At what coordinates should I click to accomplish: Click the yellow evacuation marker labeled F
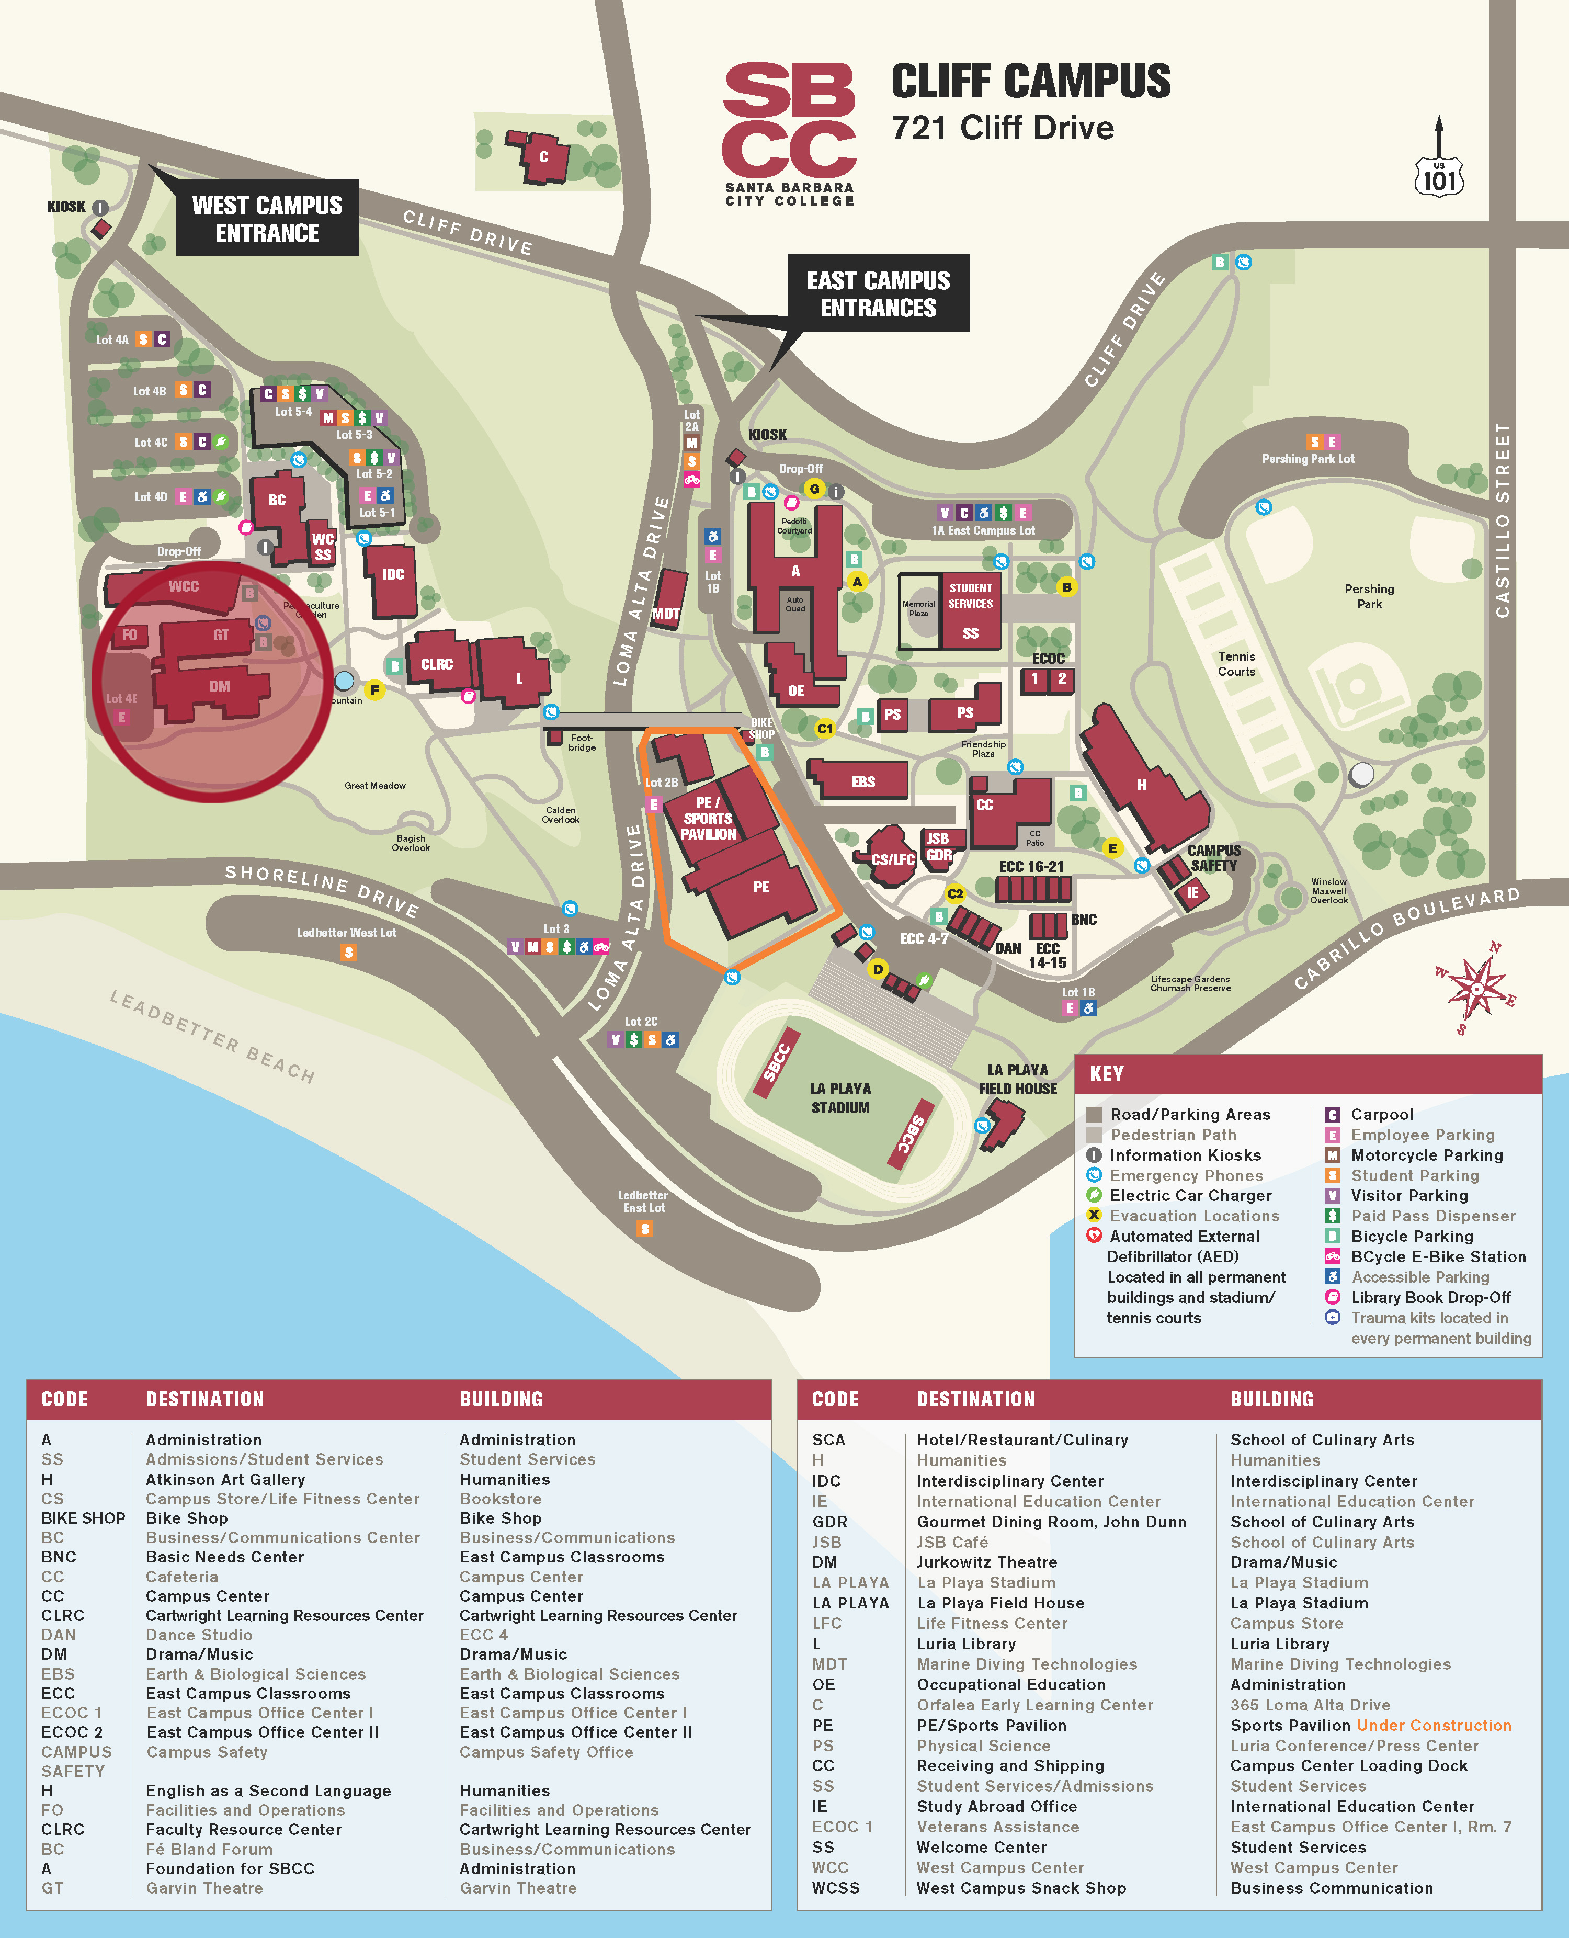374,690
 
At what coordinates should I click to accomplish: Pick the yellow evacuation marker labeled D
878,969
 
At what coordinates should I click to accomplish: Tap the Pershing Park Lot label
1308,458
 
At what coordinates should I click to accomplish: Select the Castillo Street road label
1502,520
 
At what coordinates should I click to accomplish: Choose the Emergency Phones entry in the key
1185,1175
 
